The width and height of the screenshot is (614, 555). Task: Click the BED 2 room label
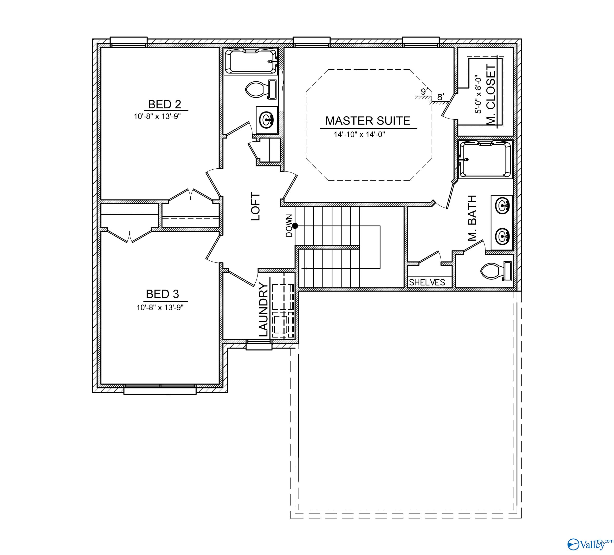pos(164,105)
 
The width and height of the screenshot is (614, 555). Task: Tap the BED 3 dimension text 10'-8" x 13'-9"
pos(160,308)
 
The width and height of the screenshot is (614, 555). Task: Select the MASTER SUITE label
pos(368,121)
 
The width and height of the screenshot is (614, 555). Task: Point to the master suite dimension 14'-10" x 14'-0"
pos(359,134)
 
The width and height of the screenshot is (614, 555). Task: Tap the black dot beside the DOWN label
pos(295,226)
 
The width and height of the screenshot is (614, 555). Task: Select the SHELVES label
pos(427,283)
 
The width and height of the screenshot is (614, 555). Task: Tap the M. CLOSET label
pos(491,94)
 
